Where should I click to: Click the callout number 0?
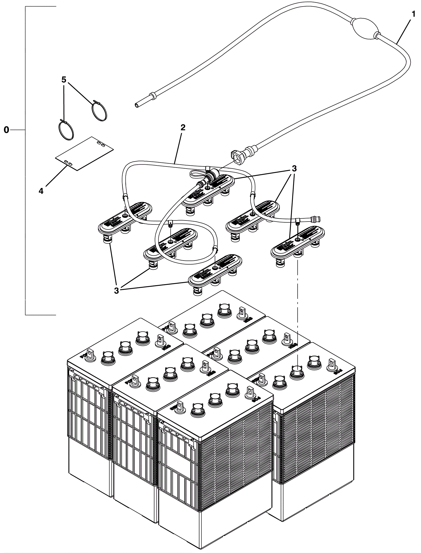click(x=6, y=130)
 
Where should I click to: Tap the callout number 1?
click(x=413, y=14)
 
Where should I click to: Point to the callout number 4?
click(x=41, y=191)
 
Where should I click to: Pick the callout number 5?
click(x=64, y=80)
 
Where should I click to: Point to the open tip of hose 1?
click(x=137, y=105)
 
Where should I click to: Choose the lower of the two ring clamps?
click(x=66, y=130)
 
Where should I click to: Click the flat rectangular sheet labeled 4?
click(x=84, y=153)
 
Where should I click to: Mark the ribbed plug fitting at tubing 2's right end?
click(x=315, y=219)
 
